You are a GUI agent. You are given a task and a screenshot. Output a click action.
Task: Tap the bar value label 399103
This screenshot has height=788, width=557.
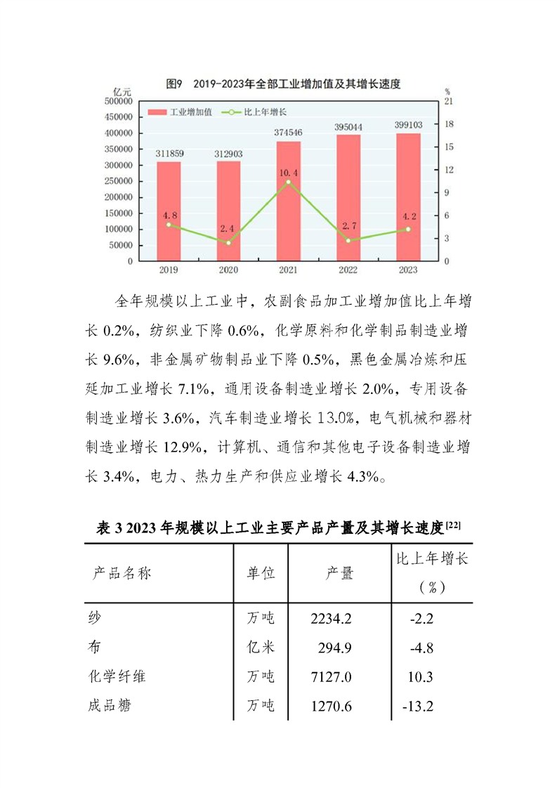tap(408, 124)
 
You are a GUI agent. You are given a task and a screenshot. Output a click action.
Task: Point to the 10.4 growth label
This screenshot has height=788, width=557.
tap(289, 172)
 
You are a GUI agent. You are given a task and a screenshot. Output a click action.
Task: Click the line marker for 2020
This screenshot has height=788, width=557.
tap(228, 242)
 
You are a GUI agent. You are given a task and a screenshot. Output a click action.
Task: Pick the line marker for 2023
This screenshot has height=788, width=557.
tap(408, 229)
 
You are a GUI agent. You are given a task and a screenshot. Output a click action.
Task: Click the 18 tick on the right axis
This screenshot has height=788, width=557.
tap(448, 124)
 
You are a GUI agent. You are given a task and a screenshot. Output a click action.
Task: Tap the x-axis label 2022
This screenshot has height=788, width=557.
tap(348, 270)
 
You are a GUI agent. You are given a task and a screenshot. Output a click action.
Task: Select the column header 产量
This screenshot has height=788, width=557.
tap(339, 573)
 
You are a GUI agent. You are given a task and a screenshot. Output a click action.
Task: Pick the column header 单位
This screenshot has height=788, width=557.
tap(260, 573)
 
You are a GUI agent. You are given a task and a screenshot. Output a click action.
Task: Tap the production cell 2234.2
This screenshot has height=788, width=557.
tap(330, 618)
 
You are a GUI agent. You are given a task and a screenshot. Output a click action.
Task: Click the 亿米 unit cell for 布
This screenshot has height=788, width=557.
tap(260, 648)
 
